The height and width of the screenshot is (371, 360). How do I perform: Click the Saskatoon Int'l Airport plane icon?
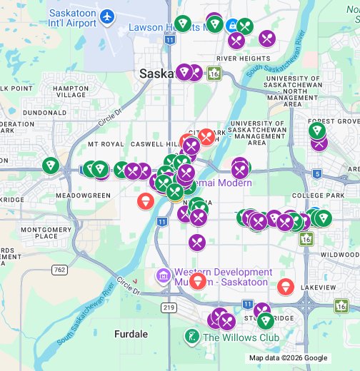pos(107,16)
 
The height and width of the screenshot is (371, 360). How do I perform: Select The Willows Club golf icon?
pos(191,336)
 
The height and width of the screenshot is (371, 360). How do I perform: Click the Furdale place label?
pos(131,334)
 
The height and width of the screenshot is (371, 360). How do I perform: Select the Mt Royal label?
pos(106,144)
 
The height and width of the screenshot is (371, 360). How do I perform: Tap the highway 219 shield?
pos(169,307)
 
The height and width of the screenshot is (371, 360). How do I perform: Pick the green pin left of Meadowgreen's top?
pos(50,166)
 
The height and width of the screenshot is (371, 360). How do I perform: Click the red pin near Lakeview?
pos(286,287)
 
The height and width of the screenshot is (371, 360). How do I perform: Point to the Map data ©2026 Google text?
pos(288,358)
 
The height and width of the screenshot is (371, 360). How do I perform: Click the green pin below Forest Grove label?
pos(317,131)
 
